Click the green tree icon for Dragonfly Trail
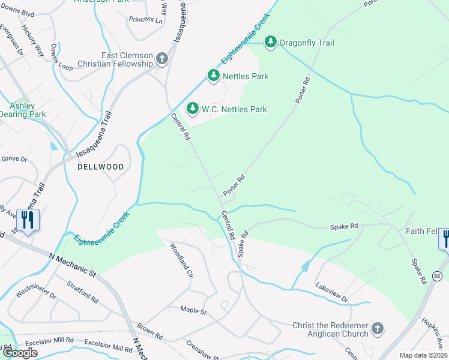pyautogui.click(x=271, y=42)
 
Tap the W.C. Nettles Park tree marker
pyautogui.click(x=193, y=109)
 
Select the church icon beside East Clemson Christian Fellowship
pyautogui.click(x=161, y=59)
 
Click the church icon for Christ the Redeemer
pyautogui.click(x=377, y=328)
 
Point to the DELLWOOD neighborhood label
pyautogui.click(x=101, y=167)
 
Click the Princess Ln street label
pyautogui.click(x=145, y=19)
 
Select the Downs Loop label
pyautogui.click(x=62, y=58)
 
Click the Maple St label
pyautogui.click(x=193, y=311)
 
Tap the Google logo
pyautogui.click(x=20, y=353)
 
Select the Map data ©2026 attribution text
pyautogui.click(x=423, y=355)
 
